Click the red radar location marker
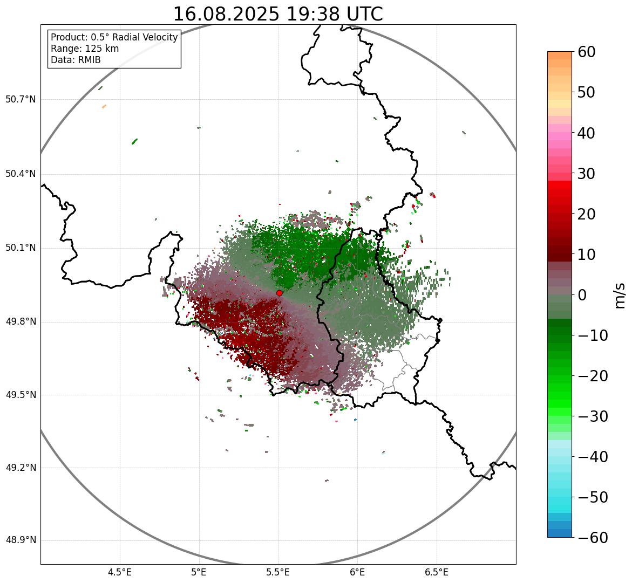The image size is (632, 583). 279,293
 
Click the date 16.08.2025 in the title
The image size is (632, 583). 226,14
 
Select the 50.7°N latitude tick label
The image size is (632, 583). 21,100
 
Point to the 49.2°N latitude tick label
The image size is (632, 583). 21,468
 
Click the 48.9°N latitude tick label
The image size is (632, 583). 21,540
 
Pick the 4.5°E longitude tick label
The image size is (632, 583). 120,572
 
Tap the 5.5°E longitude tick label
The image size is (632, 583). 278,572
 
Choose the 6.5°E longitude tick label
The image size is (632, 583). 436,572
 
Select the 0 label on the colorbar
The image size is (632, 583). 582,295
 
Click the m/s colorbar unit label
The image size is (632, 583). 620,295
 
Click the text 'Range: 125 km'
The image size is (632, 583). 85,49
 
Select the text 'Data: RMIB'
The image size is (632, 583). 76,60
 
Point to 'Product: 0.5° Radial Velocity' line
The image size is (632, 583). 114,37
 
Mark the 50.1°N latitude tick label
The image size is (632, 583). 21,248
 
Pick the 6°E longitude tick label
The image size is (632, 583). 357,572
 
